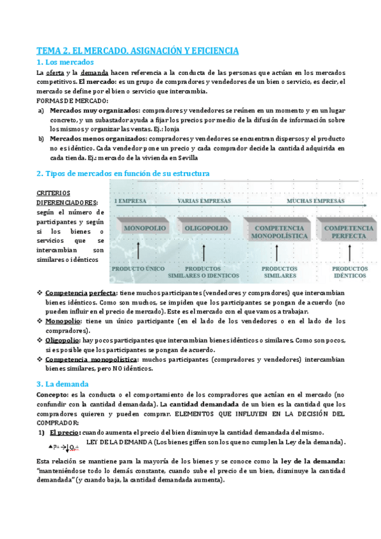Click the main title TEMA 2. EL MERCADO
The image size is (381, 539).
pyautogui.click(x=137, y=50)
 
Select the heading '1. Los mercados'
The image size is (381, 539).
pyautogui.click(x=66, y=62)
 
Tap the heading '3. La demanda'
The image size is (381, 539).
pyautogui.click(x=62, y=384)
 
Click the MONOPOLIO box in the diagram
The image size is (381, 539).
pyautogui.click(x=145, y=228)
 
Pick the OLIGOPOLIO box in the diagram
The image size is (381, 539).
pyautogui.click(x=204, y=228)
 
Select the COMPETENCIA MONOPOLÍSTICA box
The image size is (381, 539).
pyautogui.click(x=281, y=231)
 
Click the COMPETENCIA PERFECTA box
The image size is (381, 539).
pyautogui.click(x=348, y=231)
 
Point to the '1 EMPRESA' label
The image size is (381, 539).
pyautogui.click(x=130, y=200)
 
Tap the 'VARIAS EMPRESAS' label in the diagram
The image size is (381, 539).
pyautogui.click(x=205, y=200)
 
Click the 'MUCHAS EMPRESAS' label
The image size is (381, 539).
pyautogui.click(x=315, y=200)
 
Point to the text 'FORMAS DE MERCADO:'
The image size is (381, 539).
pyautogui.click(x=73, y=100)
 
